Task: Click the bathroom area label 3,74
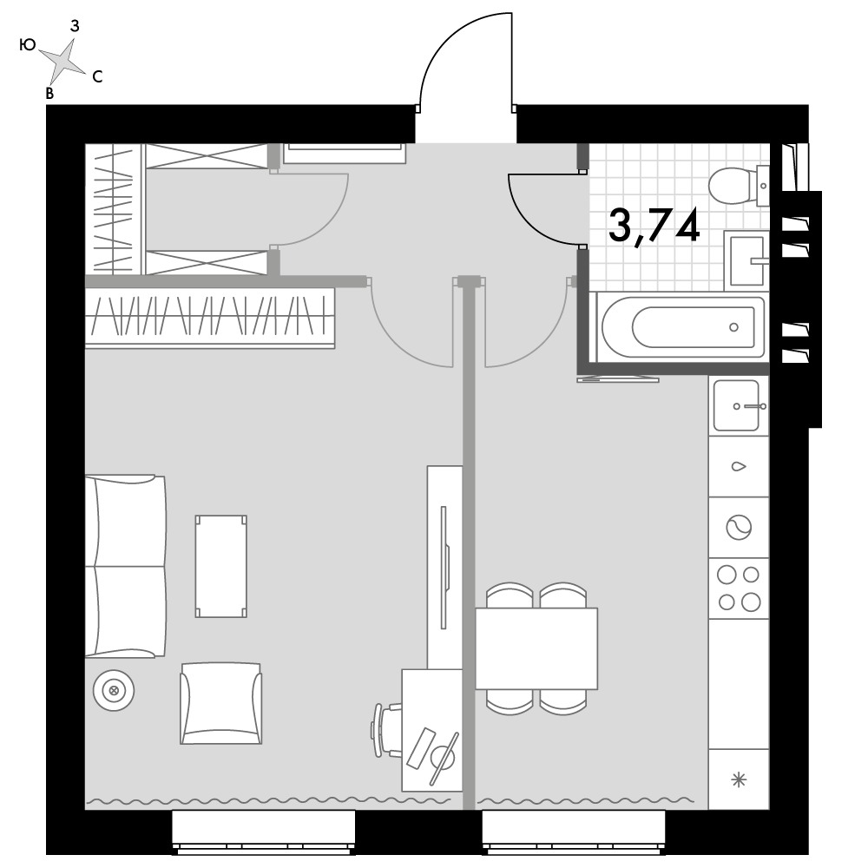pos(654,227)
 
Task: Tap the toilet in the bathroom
pos(739,186)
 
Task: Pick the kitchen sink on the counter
pos(739,405)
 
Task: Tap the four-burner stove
pos(739,589)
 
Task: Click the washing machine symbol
pos(739,527)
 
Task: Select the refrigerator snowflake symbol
pos(739,780)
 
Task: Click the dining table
pos(536,648)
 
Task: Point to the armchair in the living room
pos(220,704)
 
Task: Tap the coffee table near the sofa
pos(220,566)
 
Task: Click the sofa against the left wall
pos(125,566)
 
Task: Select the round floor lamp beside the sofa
pos(114,690)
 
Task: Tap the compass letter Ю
pos(28,45)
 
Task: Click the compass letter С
pos(97,77)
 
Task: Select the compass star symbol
pos(62,60)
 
